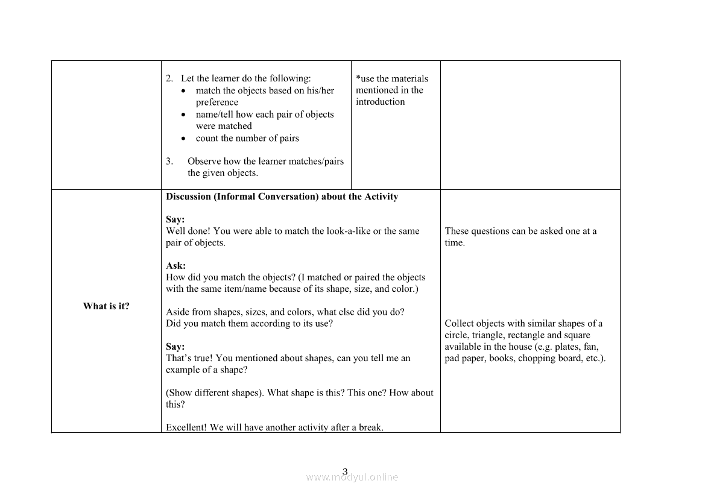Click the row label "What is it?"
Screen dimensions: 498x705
106,306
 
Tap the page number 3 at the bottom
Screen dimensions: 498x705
345,471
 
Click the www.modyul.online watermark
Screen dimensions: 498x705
352,478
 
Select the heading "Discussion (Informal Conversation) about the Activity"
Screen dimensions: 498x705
282,197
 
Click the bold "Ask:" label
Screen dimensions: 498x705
175,266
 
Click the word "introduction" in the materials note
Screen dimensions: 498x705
380,102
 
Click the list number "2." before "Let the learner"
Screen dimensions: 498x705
169,78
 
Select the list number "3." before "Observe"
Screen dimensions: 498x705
169,162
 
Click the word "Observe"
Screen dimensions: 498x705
204,162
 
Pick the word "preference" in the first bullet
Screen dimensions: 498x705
217,102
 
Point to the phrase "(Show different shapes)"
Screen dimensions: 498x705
214,392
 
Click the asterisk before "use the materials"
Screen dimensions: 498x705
358,78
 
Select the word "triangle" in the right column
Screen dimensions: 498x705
488,335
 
